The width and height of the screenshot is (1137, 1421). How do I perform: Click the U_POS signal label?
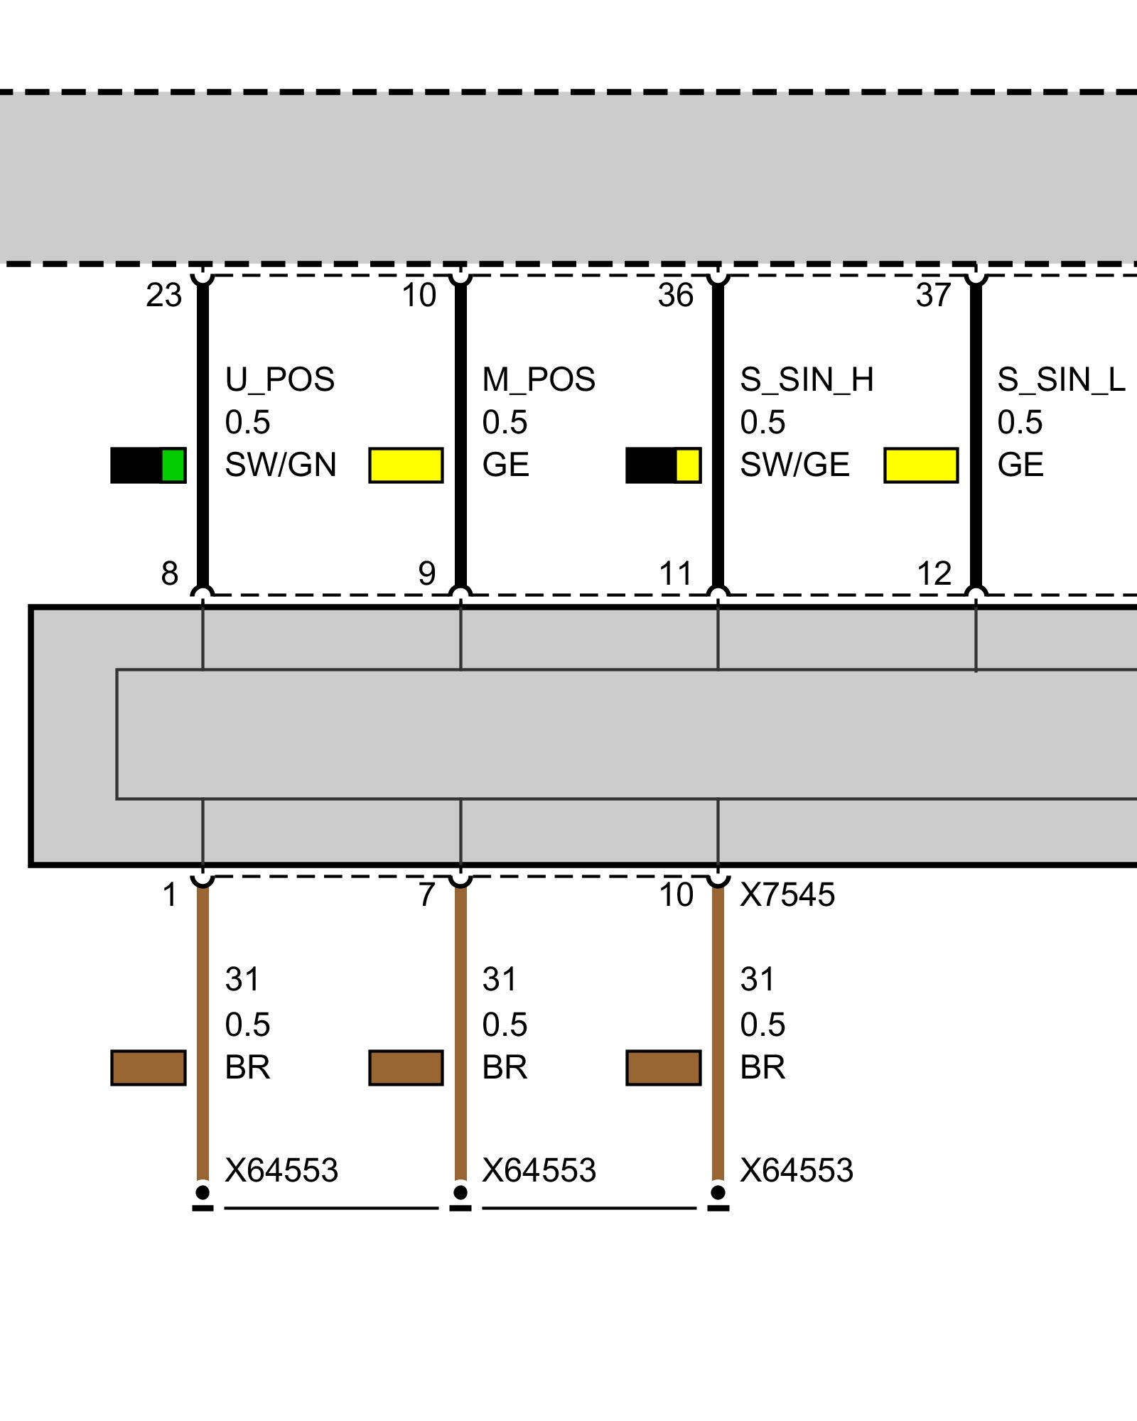click(x=279, y=380)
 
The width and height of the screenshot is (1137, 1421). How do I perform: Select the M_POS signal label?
click(x=539, y=380)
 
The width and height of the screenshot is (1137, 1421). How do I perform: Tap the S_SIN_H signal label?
click(x=807, y=380)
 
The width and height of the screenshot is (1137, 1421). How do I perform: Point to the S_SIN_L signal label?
click(x=1061, y=380)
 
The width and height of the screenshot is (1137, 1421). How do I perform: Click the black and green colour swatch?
click(x=149, y=465)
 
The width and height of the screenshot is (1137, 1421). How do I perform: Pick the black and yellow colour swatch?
click(x=663, y=465)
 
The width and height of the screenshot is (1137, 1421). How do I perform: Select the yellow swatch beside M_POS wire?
click(x=406, y=465)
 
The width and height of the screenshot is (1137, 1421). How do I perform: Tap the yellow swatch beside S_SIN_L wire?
click(x=921, y=465)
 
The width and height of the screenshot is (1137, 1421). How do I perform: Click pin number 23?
click(x=164, y=296)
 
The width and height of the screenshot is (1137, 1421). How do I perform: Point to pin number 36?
click(x=675, y=296)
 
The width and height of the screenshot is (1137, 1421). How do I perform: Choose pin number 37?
click(x=933, y=296)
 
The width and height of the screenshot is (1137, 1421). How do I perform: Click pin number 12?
click(x=934, y=573)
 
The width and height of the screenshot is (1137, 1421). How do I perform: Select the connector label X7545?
click(x=787, y=895)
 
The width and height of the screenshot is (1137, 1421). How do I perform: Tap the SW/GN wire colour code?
click(x=281, y=465)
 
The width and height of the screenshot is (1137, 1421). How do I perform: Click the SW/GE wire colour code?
click(x=794, y=465)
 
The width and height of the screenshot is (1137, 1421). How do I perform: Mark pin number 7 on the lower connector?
click(x=426, y=895)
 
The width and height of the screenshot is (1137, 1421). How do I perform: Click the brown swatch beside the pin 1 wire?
click(x=149, y=1068)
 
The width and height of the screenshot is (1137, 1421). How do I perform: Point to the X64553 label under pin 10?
click(x=797, y=1170)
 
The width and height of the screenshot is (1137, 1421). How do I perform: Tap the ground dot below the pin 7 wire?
click(x=460, y=1192)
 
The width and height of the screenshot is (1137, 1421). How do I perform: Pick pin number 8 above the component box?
click(x=169, y=573)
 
